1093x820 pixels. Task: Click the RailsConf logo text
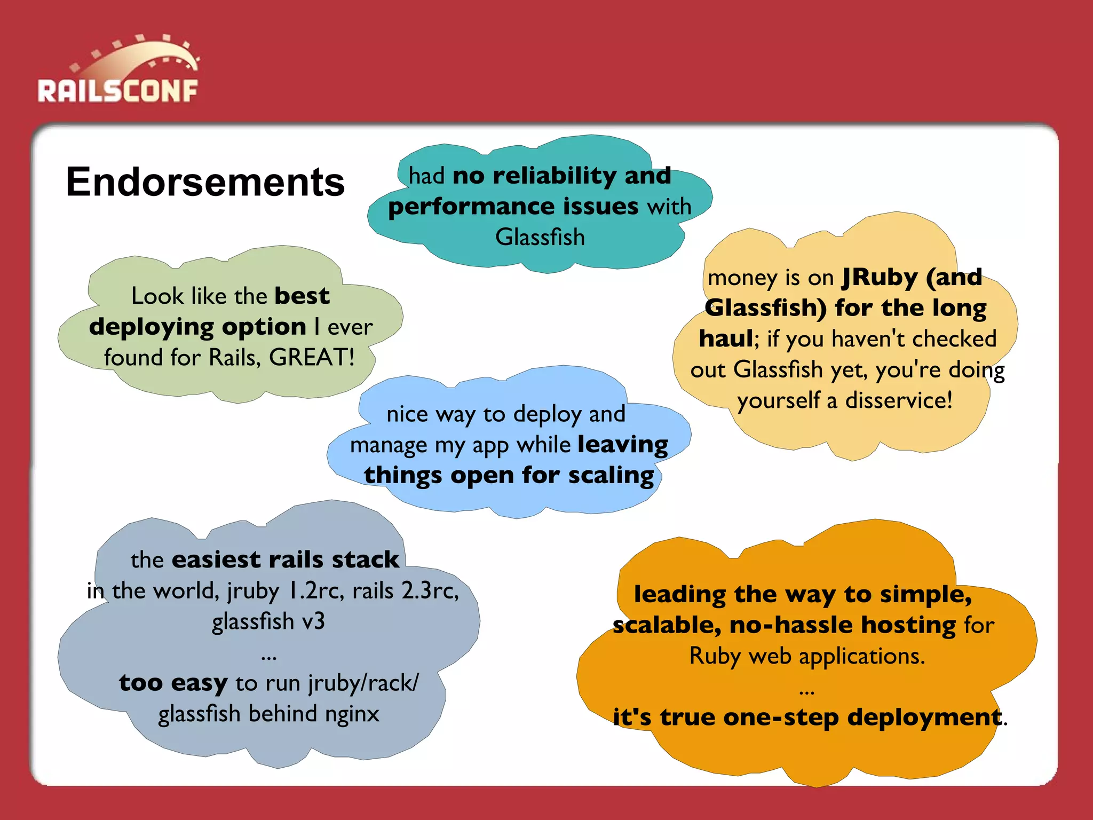118,91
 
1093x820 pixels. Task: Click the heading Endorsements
205,182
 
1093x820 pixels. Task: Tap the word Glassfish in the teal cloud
540,237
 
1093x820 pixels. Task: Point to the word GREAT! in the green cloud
312,357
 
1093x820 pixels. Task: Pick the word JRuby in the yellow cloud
880,278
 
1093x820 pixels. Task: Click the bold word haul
726,338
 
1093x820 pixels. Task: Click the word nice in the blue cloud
407,414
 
